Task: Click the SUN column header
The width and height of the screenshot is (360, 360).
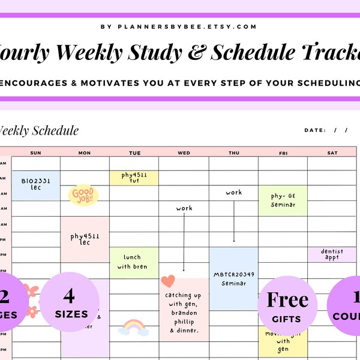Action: (36, 152)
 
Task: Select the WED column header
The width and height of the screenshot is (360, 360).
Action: (184, 152)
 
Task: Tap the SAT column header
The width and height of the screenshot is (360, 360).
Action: (332, 152)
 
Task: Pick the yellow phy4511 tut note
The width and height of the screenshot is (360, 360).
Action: (134, 178)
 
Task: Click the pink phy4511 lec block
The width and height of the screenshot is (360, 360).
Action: (85, 239)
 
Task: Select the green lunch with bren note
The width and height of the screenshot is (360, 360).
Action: (134, 262)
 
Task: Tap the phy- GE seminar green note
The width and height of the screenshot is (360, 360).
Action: (283, 200)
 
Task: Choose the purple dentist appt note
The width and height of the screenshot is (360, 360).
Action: (332, 254)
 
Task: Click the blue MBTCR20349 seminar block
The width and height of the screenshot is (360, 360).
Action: (233, 278)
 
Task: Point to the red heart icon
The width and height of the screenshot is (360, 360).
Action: (168, 281)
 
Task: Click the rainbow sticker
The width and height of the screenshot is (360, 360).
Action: (133, 327)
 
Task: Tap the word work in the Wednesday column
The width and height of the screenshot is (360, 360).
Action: (184, 208)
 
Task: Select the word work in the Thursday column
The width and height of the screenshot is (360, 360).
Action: (234, 193)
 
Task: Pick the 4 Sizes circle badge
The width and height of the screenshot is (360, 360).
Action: (69, 303)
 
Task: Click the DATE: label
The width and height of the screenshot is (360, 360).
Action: (315, 130)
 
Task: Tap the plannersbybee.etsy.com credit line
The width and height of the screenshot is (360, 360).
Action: (179, 26)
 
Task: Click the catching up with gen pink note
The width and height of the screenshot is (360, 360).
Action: (184, 309)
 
